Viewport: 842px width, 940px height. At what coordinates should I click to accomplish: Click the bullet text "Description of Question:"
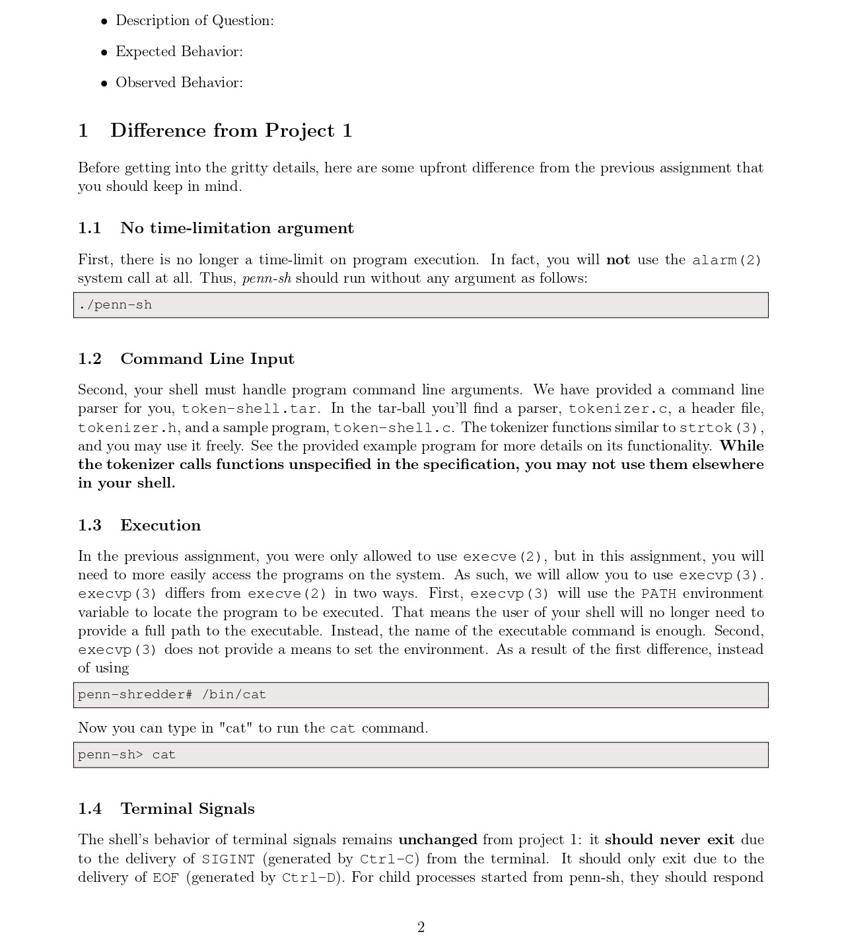pyautogui.click(x=194, y=20)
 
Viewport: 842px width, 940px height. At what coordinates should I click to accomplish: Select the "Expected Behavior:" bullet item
pyautogui.click(x=179, y=52)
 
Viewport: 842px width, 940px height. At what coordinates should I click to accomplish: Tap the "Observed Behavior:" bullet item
pyautogui.click(x=179, y=83)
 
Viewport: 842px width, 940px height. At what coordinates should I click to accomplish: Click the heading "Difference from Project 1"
pyautogui.click(x=231, y=130)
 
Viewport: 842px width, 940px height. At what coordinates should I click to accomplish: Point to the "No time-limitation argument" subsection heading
pyautogui.click(x=236, y=228)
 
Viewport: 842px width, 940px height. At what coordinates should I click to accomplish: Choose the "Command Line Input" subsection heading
pyautogui.click(x=207, y=359)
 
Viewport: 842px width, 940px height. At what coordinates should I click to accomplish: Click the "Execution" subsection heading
pyautogui.click(x=160, y=525)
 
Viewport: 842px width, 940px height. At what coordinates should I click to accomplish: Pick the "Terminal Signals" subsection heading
pyautogui.click(x=187, y=809)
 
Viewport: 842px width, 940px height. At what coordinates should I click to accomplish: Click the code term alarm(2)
pyautogui.click(x=726, y=260)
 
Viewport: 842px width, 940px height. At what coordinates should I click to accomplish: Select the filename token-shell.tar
pyautogui.click(x=249, y=409)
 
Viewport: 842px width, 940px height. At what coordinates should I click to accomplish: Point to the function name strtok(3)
pyautogui.click(x=720, y=427)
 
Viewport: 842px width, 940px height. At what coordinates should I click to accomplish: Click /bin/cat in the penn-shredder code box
pyautogui.click(x=234, y=695)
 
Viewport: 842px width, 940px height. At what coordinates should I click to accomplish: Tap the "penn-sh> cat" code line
pyautogui.click(x=127, y=755)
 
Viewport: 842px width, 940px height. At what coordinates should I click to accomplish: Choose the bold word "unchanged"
pyautogui.click(x=437, y=840)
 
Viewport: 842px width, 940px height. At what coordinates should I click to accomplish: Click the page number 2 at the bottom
pyautogui.click(x=421, y=927)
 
